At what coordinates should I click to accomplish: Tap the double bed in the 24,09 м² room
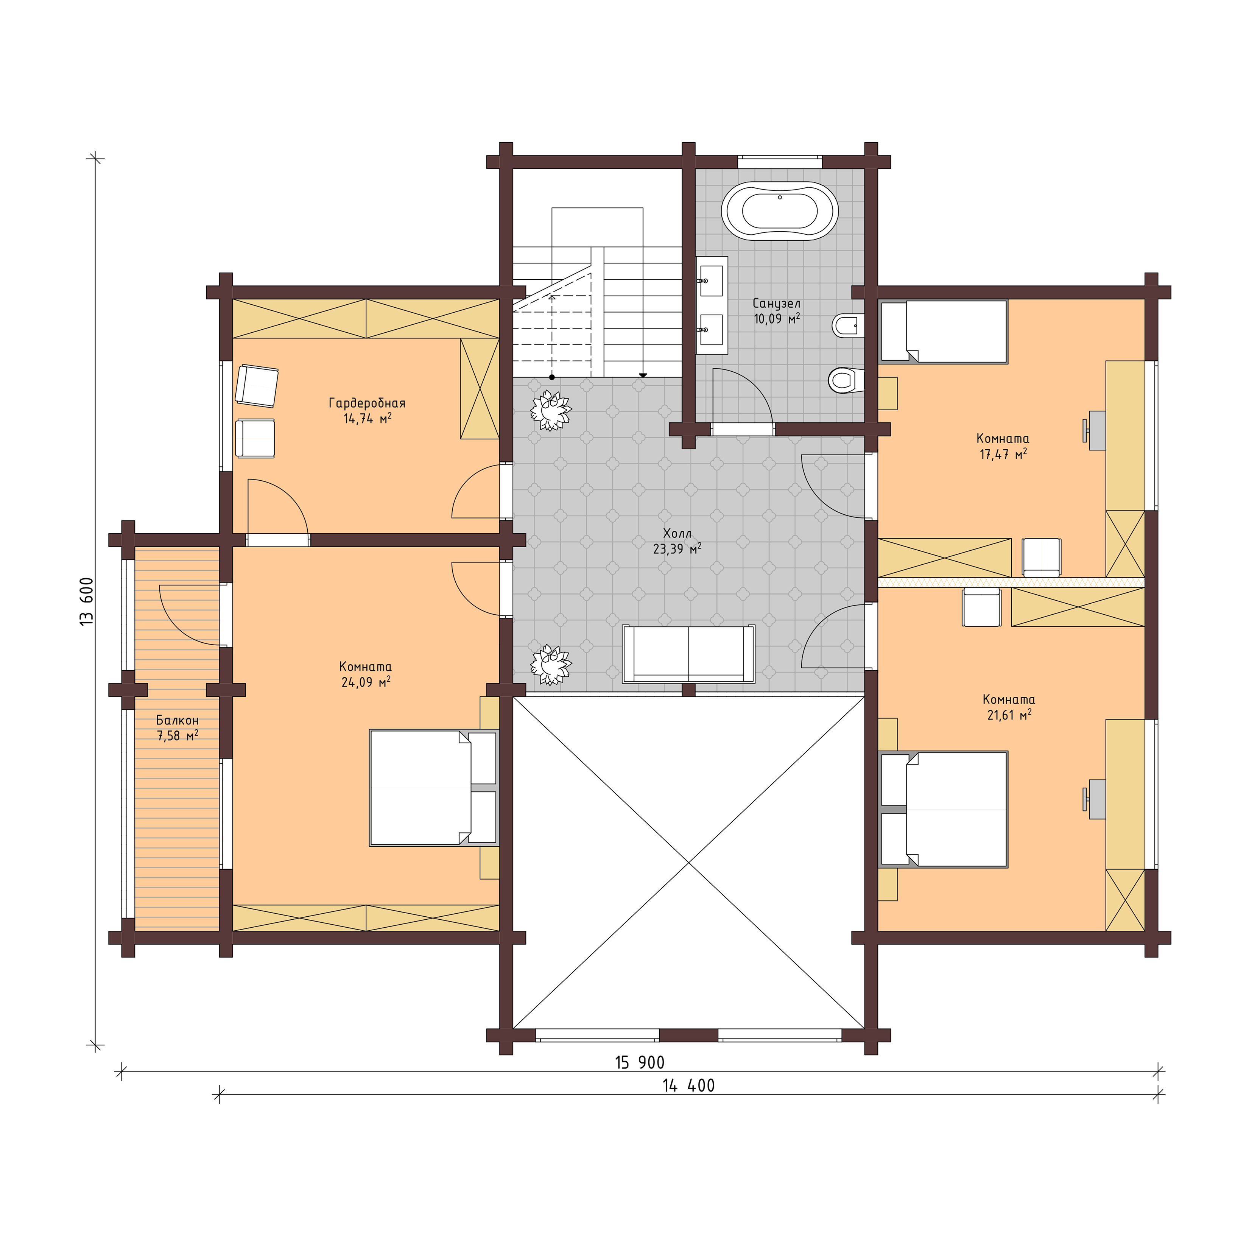pos(433,787)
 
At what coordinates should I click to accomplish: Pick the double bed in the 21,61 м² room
pos(944,809)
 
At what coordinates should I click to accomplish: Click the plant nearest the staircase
pos(551,410)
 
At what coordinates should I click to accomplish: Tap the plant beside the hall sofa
pos(551,664)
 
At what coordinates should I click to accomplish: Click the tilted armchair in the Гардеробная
pos(257,386)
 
